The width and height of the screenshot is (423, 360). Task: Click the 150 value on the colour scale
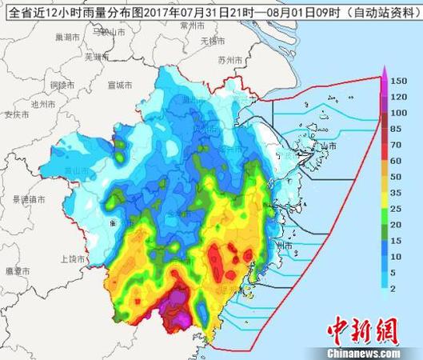click(x=399, y=82)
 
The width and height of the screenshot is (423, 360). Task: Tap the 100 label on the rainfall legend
click(x=399, y=114)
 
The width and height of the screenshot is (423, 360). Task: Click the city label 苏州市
click(x=229, y=60)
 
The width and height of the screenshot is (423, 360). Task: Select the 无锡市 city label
click(x=213, y=40)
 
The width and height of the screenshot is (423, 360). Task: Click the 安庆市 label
click(x=16, y=114)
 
